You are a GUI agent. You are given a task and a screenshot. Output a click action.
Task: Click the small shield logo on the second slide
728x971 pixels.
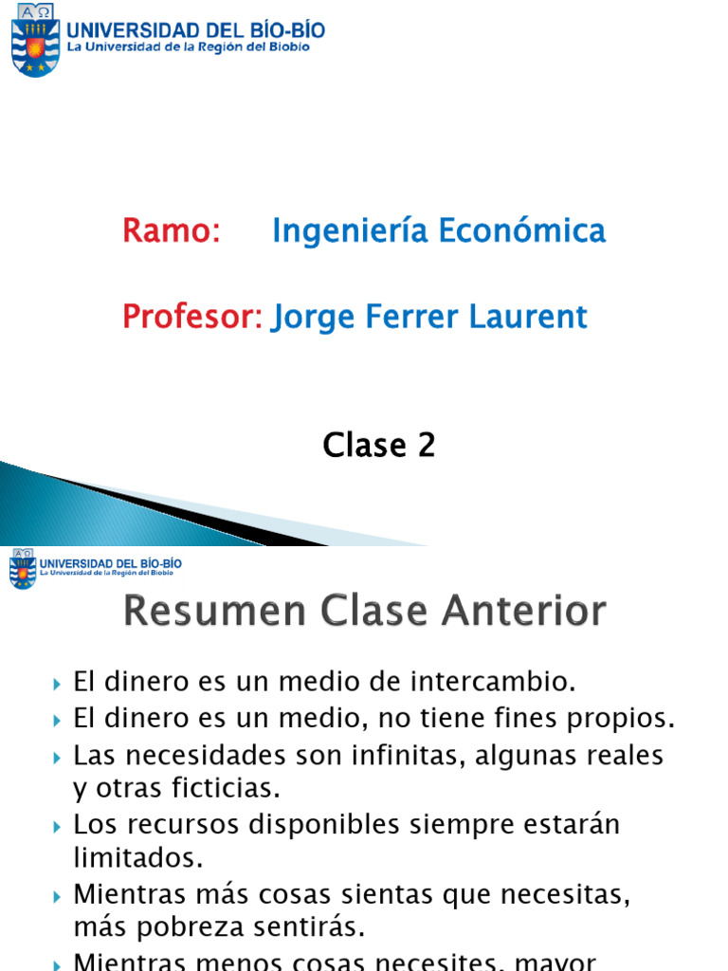[23, 569]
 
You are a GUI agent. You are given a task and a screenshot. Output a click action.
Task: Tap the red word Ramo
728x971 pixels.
[171, 230]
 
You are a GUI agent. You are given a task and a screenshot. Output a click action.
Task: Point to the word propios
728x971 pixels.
[626, 719]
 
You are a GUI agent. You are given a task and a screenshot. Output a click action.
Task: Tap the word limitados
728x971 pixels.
[138, 857]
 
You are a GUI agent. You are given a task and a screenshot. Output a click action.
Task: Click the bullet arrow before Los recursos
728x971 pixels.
[59, 826]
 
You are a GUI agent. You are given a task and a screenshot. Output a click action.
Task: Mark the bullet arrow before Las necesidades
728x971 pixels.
[59, 758]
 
